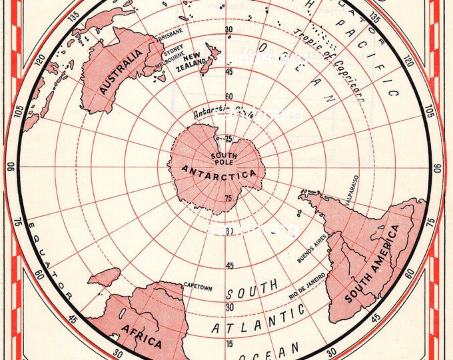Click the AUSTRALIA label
point(120,71)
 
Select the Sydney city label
point(172,49)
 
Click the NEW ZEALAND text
point(189,61)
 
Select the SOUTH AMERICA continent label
point(372,265)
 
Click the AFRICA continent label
point(141,335)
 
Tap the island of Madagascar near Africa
point(105,277)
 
